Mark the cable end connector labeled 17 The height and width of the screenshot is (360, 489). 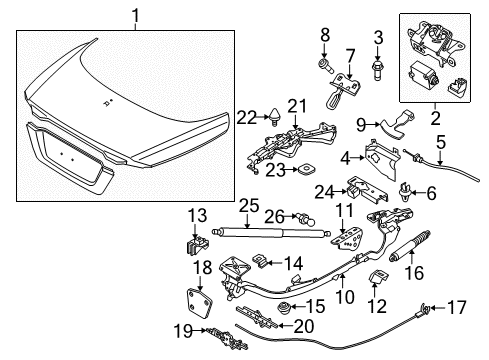(429, 337)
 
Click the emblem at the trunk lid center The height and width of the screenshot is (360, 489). (107, 104)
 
